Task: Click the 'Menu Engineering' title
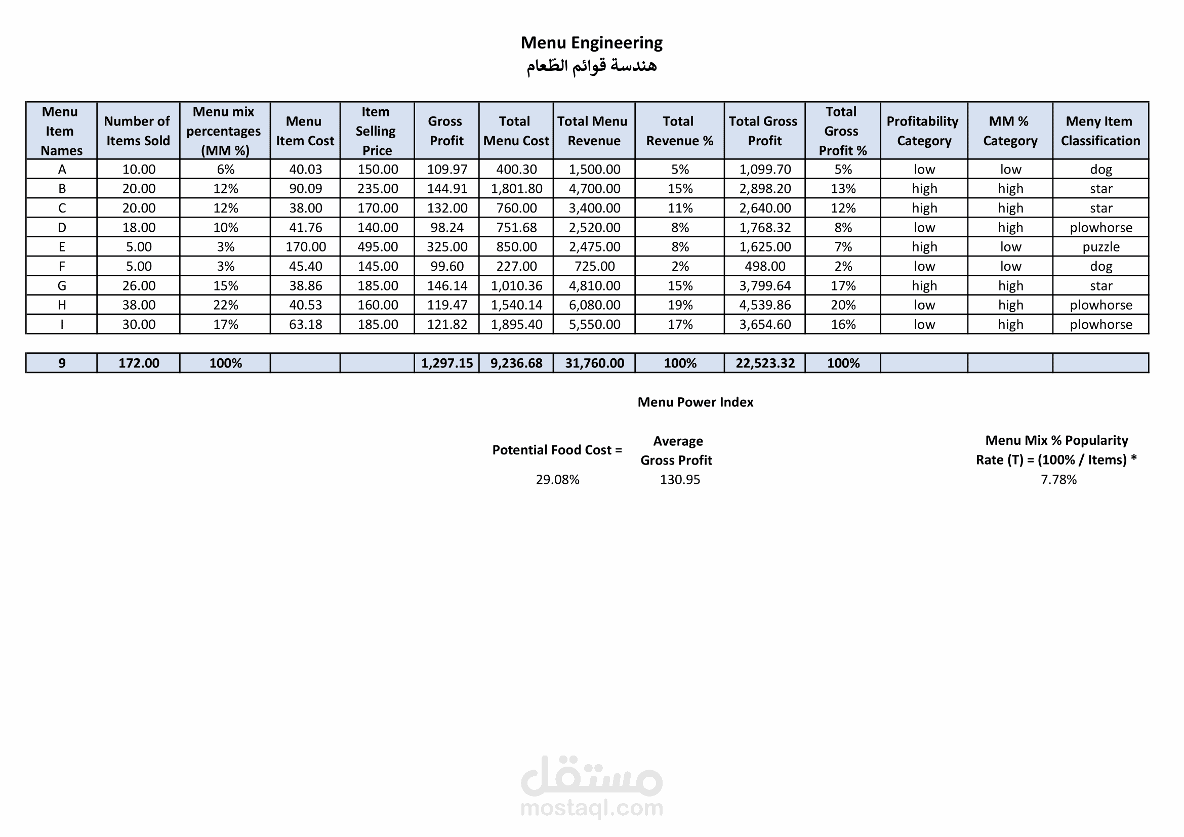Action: point(591,43)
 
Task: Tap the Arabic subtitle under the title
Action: point(591,66)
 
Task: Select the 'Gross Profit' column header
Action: point(446,131)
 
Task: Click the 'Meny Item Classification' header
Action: point(1100,131)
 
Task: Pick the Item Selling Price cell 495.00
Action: point(378,247)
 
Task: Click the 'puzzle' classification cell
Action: point(1100,247)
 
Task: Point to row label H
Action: point(62,305)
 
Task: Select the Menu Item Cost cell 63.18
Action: point(305,325)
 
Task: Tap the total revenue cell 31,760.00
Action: point(594,363)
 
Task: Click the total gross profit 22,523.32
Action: point(765,363)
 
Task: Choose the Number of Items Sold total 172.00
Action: point(139,363)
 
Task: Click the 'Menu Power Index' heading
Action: point(695,402)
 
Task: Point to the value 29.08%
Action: point(557,480)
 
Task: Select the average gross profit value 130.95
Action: point(680,480)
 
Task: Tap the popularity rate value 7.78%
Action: point(1058,480)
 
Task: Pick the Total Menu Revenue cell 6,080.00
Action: point(594,305)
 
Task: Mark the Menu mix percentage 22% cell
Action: point(225,305)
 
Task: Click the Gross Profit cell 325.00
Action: point(446,247)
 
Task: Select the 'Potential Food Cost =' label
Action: point(557,450)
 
